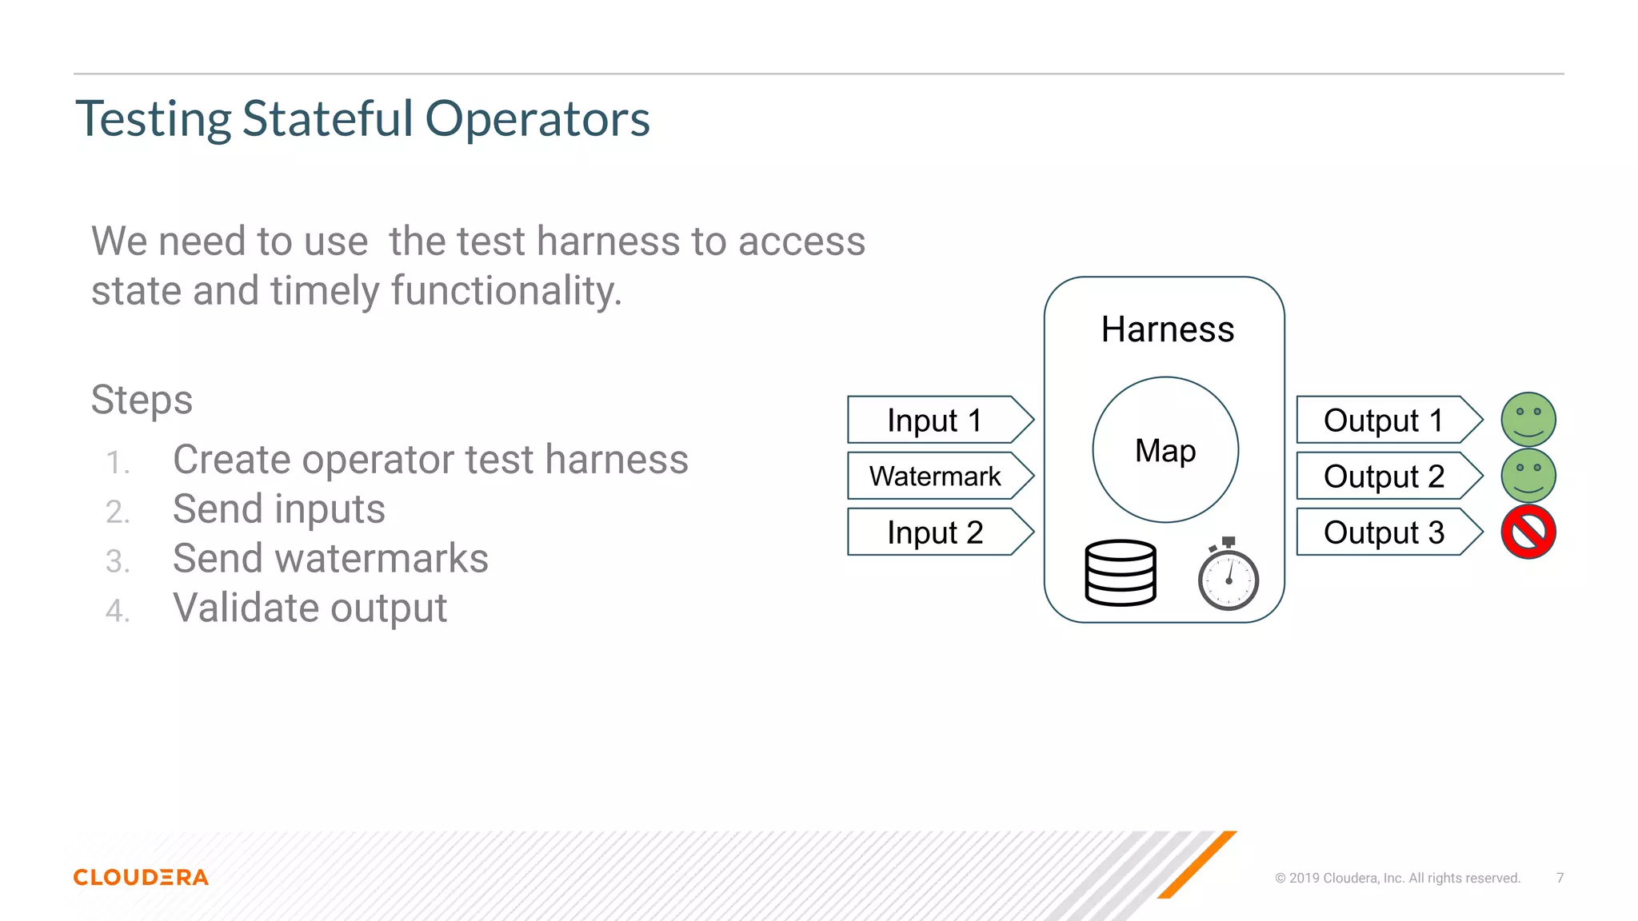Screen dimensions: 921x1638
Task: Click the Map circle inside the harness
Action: click(1165, 450)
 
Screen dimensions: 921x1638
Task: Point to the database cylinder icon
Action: click(1120, 572)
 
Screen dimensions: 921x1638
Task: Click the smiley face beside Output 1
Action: click(1528, 420)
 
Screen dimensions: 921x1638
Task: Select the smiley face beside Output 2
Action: click(1528, 476)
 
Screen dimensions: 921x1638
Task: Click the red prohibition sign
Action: click(1528, 532)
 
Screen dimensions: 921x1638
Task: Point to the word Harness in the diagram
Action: click(1167, 329)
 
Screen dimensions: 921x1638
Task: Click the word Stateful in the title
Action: click(328, 119)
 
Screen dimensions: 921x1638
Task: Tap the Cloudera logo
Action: click(141, 877)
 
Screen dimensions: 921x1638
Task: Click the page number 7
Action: click(1560, 878)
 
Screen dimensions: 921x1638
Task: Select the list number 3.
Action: click(117, 561)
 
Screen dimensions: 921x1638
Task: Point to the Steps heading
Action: click(142, 400)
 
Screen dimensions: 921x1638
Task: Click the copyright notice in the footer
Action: click(1397, 878)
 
